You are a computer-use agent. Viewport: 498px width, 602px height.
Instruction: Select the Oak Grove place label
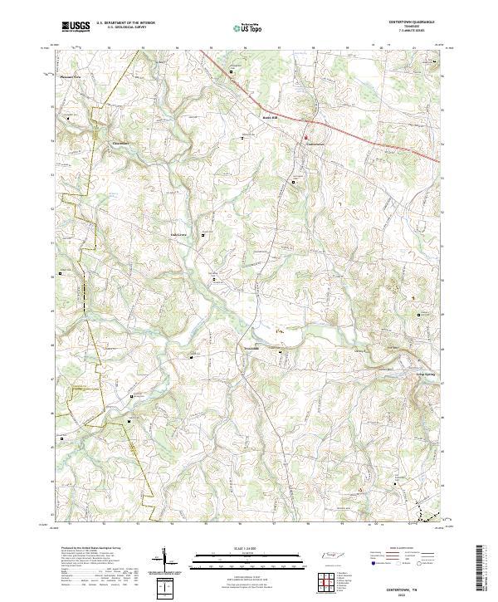pos(180,235)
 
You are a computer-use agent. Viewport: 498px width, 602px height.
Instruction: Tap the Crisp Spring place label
pos(426,375)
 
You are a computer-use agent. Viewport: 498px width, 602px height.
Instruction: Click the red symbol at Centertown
pos(305,138)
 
